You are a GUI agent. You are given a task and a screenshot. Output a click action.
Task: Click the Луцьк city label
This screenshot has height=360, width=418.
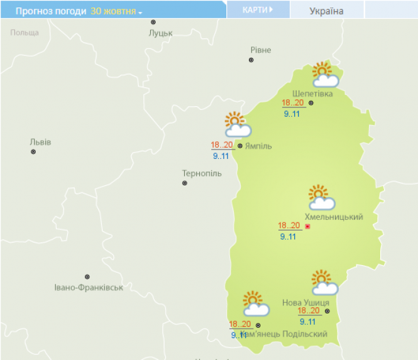(x=160, y=33)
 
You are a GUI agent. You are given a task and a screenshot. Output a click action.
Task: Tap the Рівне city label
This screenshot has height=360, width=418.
(x=260, y=50)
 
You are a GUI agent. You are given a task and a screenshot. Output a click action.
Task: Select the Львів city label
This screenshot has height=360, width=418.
(x=40, y=142)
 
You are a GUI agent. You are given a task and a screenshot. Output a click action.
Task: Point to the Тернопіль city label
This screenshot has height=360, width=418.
(x=201, y=173)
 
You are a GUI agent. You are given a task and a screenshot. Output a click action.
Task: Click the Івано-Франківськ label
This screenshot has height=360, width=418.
(x=88, y=287)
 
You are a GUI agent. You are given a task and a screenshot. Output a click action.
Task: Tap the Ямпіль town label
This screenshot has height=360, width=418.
(x=259, y=146)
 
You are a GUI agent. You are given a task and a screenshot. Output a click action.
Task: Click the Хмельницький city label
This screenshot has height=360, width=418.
(x=333, y=217)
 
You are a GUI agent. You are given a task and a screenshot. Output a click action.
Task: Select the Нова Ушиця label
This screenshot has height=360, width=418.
(x=305, y=302)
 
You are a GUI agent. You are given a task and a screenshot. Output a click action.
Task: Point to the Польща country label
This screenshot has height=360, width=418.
(x=25, y=32)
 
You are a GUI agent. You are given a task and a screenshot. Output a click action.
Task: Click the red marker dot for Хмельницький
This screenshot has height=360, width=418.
(x=307, y=226)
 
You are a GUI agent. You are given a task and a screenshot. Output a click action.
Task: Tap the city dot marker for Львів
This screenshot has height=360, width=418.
(x=33, y=151)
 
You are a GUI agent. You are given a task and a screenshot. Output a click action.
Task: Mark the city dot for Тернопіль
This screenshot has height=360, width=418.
(x=185, y=183)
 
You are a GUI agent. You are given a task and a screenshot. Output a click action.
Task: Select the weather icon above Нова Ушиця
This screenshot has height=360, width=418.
(x=324, y=283)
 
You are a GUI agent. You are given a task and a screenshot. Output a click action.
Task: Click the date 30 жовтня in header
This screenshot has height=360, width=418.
(x=116, y=11)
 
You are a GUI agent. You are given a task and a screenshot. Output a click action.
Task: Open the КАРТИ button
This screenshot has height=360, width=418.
(x=258, y=9)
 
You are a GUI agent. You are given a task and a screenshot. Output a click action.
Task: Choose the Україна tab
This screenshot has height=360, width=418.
(x=327, y=11)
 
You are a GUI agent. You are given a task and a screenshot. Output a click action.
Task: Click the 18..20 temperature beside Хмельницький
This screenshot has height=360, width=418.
(x=289, y=226)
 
